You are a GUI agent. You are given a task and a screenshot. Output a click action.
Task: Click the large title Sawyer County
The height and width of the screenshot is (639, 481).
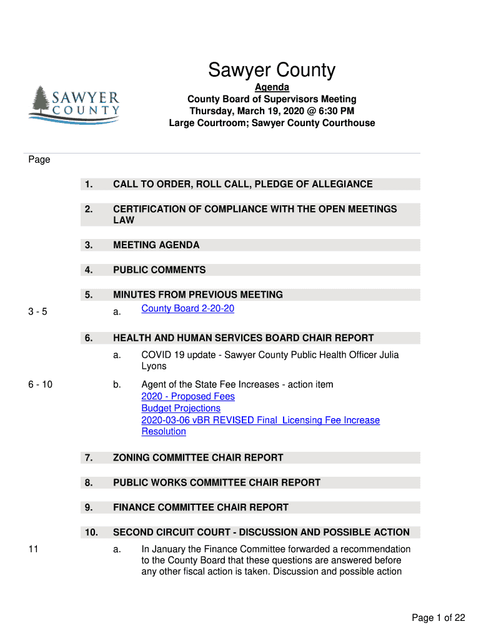point(272,71)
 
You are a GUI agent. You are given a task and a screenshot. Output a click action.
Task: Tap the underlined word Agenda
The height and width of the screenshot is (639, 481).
point(272,88)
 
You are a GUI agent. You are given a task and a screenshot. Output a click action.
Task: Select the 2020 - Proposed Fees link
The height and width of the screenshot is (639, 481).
point(188,397)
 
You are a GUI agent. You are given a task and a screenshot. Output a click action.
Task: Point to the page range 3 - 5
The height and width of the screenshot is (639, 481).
point(37,312)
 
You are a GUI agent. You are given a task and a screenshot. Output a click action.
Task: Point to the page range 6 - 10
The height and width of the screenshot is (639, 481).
point(40,385)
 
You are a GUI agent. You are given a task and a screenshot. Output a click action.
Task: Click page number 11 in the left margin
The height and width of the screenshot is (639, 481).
point(33,549)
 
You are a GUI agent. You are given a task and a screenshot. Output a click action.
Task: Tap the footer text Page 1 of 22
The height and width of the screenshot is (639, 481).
point(438,618)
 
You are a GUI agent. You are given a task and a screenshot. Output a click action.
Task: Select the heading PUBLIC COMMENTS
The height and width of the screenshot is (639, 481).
point(159,270)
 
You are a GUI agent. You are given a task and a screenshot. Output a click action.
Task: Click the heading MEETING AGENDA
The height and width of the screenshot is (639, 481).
point(156,245)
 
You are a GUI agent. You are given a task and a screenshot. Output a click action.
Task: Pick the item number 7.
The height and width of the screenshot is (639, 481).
point(89,458)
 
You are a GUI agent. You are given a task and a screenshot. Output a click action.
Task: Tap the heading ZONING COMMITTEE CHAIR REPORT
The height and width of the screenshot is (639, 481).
point(198,458)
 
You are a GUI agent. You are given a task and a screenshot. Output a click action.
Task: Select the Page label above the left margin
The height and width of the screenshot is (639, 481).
point(39,160)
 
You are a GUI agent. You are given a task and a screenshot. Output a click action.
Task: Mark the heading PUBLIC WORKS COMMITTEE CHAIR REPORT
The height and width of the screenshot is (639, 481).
point(217,483)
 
